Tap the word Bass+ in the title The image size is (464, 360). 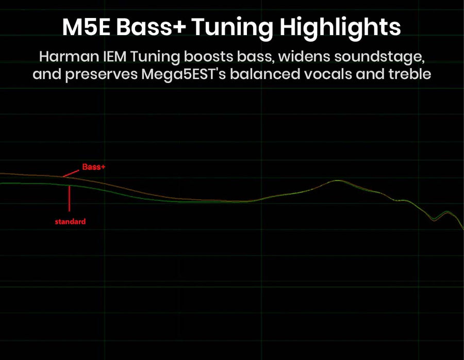151,27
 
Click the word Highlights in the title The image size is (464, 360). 340,28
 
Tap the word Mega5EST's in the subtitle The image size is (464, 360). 184,74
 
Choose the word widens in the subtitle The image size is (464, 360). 304,57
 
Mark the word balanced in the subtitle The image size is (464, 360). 265,74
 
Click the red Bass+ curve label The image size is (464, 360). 93,167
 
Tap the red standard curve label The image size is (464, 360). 70,221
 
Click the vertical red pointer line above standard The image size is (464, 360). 70,199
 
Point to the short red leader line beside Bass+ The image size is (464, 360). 71,173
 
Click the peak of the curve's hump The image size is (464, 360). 339,181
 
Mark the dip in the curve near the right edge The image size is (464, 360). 434,220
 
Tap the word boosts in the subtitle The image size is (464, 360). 206,57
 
